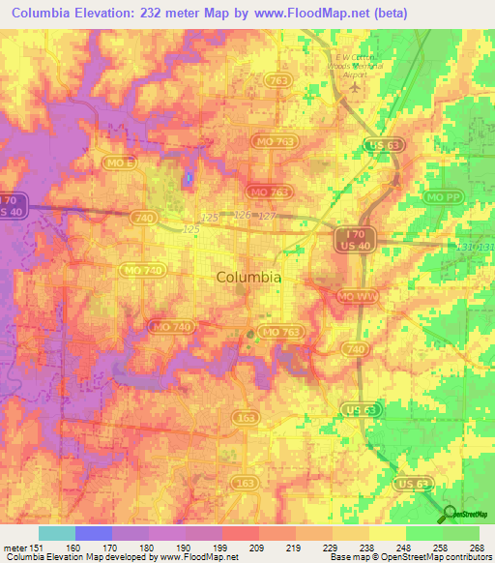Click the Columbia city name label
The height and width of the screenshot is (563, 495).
(x=248, y=277)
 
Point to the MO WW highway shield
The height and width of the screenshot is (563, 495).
(x=353, y=294)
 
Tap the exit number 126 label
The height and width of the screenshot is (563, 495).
(x=243, y=215)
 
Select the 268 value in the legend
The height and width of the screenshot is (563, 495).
(x=479, y=548)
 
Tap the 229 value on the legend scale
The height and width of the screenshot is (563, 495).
(x=332, y=548)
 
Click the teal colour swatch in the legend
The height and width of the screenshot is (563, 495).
(x=56, y=533)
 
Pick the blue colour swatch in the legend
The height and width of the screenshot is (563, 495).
(x=93, y=533)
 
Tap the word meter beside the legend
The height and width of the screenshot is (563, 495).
(x=14, y=548)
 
